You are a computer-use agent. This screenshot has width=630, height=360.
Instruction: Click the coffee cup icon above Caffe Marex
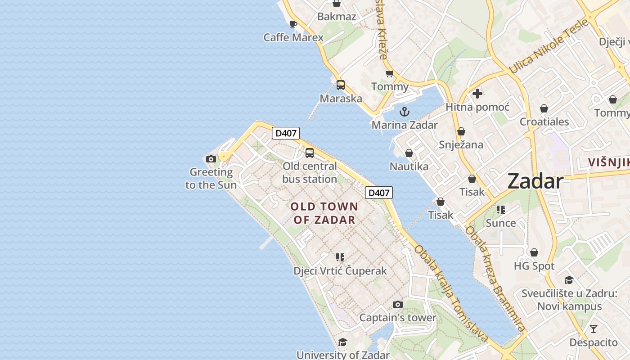click(x=293, y=24)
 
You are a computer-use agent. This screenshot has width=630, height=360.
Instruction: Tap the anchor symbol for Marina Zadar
click(x=405, y=112)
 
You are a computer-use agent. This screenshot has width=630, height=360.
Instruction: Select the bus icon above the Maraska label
click(x=341, y=85)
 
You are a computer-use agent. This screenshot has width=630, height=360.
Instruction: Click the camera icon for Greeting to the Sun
click(x=211, y=159)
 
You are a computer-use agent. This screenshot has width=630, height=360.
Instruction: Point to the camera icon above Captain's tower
click(x=397, y=305)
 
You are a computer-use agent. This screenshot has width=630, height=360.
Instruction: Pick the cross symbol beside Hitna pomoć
click(x=477, y=94)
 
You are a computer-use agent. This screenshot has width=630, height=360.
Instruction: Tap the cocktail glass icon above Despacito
click(x=594, y=329)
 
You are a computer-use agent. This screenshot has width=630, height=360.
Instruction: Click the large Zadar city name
click(x=535, y=181)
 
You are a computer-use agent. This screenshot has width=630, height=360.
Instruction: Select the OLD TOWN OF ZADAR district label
click(x=324, y=213)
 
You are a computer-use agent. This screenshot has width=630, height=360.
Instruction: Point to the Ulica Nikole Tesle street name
click(x=549, y=46)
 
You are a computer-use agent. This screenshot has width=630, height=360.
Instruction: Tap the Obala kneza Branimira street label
click(x=495, y=279)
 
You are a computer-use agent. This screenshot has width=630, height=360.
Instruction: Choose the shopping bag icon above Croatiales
click(x=544, y=108)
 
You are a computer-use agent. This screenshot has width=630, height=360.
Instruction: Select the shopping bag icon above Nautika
click(x=409, y=153)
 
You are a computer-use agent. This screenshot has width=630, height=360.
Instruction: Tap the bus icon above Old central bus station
click(x=310, y=153)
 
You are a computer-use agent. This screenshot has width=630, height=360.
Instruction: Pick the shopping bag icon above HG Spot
click(x=534, y=253)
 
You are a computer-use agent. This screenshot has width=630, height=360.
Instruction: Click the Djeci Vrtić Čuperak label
click(x=340, y=271)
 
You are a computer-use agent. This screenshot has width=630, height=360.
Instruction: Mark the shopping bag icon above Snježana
click(x=461, y=131)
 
